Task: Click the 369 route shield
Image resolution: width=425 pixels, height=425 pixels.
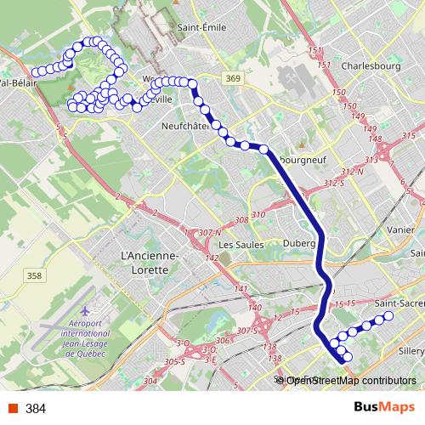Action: tap(235, 78)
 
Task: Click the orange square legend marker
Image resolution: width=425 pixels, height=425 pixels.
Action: tap(12, 409)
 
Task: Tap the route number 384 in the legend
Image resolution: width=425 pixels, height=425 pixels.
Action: tap(36, 409)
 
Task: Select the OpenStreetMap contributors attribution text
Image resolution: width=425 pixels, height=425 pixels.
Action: tap(350, 380)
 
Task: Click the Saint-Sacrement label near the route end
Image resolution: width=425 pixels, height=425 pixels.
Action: tap(399, 303)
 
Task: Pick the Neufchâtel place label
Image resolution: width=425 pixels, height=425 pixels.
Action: tap(184, 126)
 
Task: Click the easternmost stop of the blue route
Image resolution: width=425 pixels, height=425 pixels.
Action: tap(389, 316)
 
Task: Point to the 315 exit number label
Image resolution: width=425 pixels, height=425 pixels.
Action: tap(409, 136)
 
